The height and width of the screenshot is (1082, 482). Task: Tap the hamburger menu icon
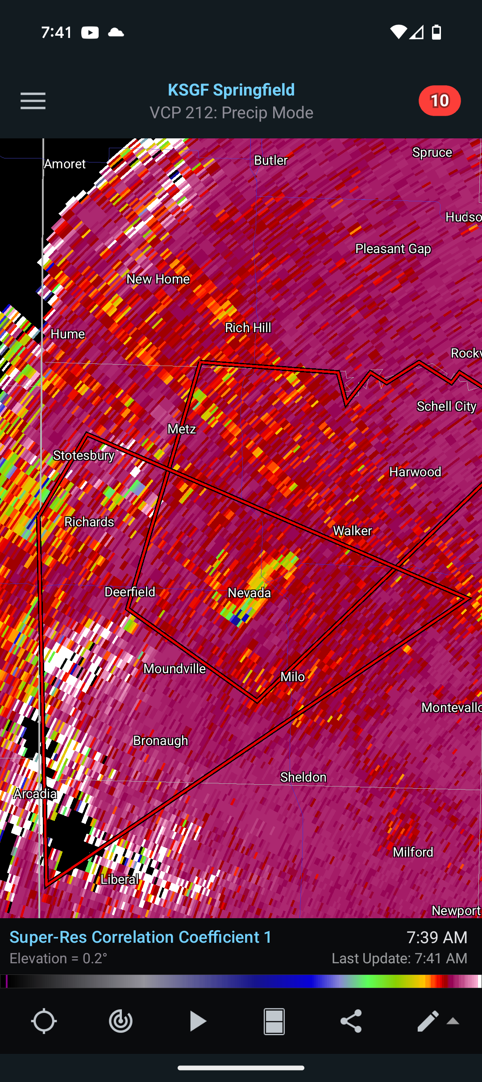(x=33, y=101)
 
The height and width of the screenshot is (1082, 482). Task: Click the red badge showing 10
(x=439, y=101)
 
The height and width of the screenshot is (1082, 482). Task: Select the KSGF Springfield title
(x=231, y=90)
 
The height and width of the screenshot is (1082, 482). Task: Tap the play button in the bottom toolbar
(x=197, y=1021)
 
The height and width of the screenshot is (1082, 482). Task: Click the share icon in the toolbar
(x=351, y=1021)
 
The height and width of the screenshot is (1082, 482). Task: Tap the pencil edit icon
(x=428, y=1021)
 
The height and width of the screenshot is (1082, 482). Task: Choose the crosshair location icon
(x=44, y=1021)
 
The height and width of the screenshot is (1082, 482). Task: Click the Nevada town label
(x=249, y=593)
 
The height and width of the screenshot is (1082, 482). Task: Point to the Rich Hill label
(x=248, y=328)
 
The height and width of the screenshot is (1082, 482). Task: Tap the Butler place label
(x=270, y=160)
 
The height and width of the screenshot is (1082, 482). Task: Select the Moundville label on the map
(x=175, y=669)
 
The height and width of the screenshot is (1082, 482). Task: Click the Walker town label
(x=352, y=531)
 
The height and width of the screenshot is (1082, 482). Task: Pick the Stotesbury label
(x=83, y=455)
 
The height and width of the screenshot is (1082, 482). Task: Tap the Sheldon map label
(x=303, y=777)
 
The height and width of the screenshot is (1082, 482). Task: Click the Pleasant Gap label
(x=393, y=249)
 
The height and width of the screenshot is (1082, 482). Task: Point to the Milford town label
(x=413, y=852)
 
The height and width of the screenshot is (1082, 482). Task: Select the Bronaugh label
(x=160, y=741)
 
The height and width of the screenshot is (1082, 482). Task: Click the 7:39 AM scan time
(x=436, y=937)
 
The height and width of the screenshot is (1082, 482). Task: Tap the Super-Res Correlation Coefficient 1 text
(x=141, y=937)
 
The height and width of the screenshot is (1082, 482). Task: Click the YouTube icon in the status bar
(x=90, y=33)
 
